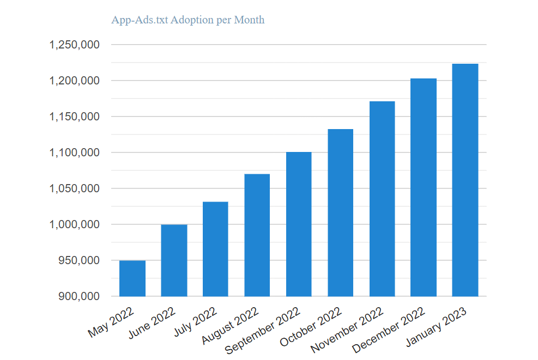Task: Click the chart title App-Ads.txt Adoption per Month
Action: [188, 20]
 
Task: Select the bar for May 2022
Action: [132, 278]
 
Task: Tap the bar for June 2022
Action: [174, 260]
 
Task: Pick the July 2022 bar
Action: [215, 249]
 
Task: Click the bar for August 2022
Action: [257, 235]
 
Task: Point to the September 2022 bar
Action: [299, 224]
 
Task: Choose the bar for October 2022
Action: [341, 212]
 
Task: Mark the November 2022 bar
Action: [382, 199]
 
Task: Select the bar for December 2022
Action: [424, 187]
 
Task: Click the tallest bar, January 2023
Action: [466, 180]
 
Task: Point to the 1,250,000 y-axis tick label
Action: [74, 45]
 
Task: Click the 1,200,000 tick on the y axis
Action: [74, 81]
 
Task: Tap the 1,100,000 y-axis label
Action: [74, 153]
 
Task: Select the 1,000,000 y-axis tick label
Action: [74, 225]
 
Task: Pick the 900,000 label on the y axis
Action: [78, 297]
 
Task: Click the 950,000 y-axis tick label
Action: [78, 261]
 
